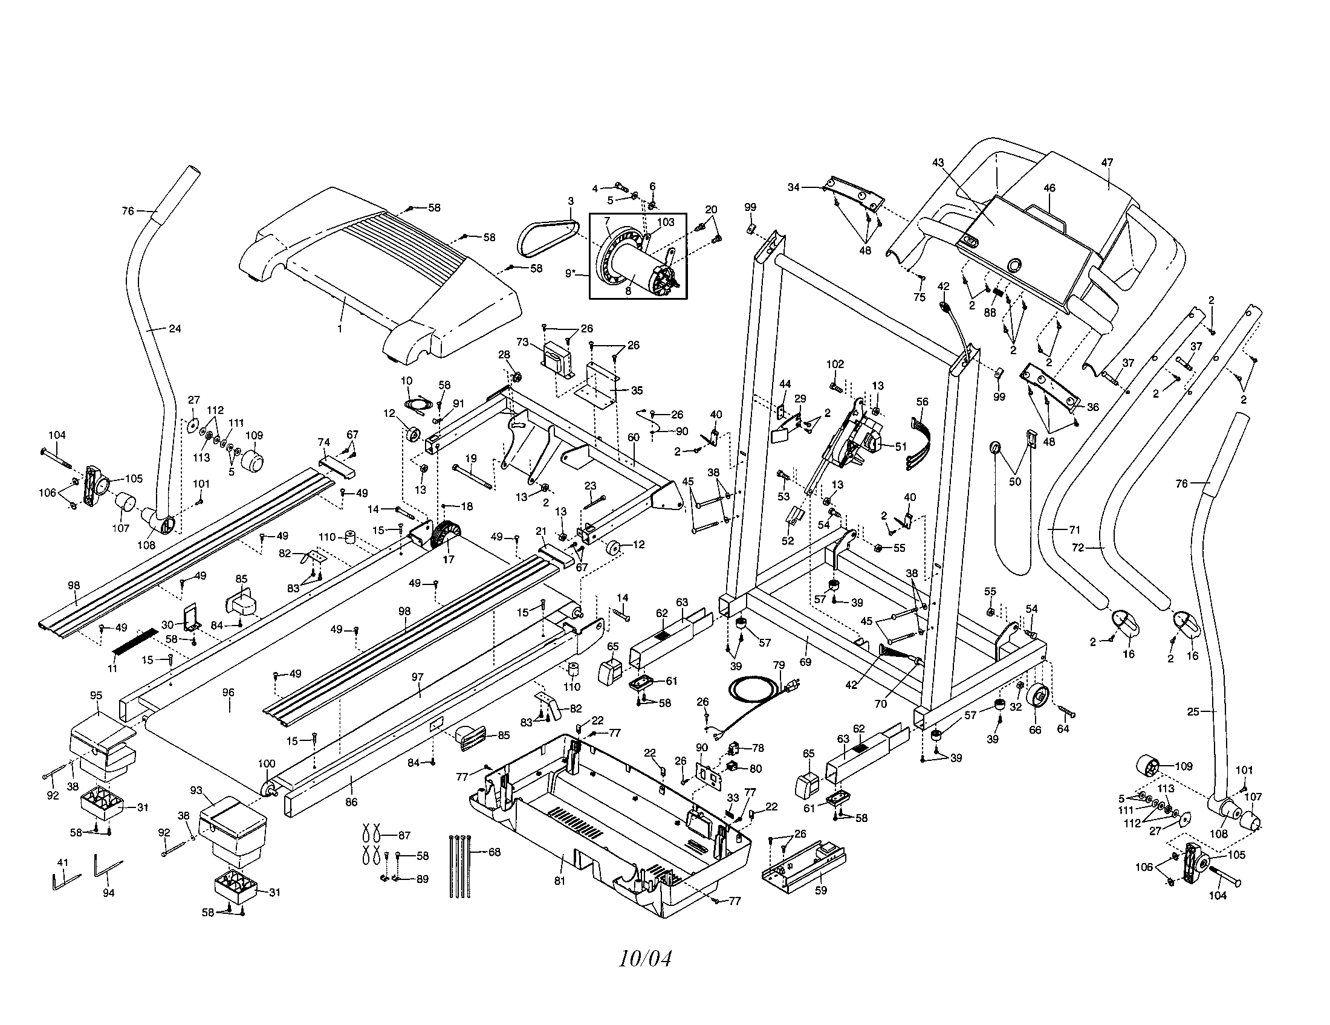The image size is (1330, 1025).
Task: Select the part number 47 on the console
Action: pyautogui.click(x=1107, y=163)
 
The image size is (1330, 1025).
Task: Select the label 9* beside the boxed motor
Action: pyautogui.click(x=571, y=273)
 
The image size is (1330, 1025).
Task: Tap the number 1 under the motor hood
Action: pyautogui.click(x=340, y=328)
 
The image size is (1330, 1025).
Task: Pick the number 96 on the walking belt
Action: pyautogui.click(x=229, y=692)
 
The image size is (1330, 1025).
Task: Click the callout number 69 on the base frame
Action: pyautogui.click(x=805, y=662)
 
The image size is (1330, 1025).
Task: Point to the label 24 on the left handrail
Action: pyautogui.click(x=175, y=329)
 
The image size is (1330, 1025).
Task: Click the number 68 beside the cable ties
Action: pyautogui.click(x=494, y=852)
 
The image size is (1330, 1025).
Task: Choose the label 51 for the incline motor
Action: pyautogui.click(x=901, y=446)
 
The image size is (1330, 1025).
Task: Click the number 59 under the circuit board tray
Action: pyautogui.click(x=821, y=890)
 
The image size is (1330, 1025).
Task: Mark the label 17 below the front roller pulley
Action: pyautogui.click(x=448, y=560)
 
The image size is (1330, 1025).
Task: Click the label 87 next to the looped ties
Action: pyautogui.click(x=404, y=836)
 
